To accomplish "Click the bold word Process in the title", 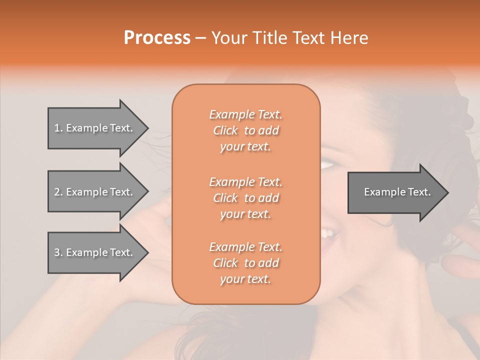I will coord(157,38).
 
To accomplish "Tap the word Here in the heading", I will coord(348,38).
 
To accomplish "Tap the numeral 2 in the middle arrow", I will coord(56,192).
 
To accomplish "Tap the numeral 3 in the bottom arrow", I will coord(56,252).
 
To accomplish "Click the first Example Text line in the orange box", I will coord(245,114).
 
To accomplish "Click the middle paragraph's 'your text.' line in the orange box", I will coord(245,214).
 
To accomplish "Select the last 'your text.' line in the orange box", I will coord(245,279).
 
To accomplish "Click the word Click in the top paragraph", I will coord(225,130).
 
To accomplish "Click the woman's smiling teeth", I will coord(329,233).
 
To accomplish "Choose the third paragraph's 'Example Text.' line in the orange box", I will coord(245,247).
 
